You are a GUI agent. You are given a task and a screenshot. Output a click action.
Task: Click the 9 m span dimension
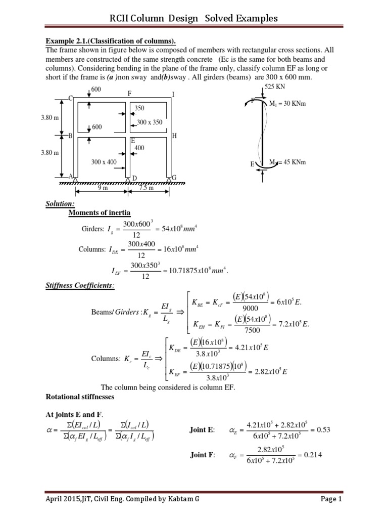click(103, 188)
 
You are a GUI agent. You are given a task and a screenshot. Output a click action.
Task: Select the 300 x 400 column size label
click(104, 162)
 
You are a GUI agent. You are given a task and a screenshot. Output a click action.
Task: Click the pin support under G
click(169, 179)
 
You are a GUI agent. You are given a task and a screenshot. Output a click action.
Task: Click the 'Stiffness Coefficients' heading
click(80, 286)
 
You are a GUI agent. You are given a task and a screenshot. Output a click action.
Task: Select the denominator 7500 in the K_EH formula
click(245, 330)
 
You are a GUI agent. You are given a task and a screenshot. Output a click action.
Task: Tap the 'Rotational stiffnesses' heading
click(80, 397)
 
